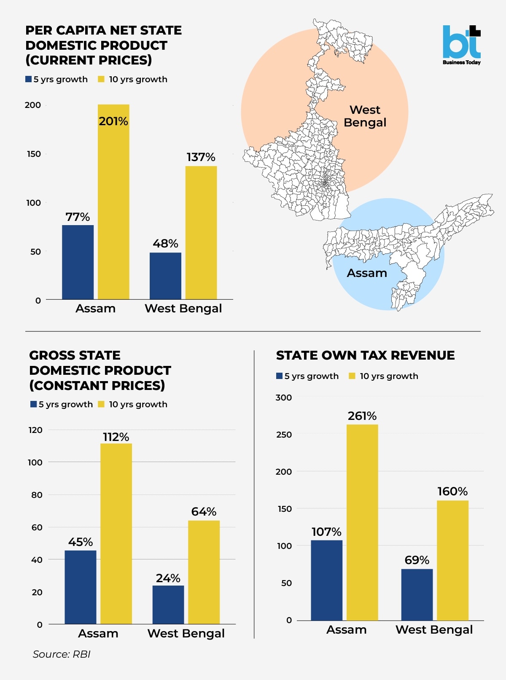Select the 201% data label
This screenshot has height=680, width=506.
(113, 121)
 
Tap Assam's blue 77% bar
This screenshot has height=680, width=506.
(78, 262)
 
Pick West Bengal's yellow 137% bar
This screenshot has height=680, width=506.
(201, 232)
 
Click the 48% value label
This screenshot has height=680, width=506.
(165, 244)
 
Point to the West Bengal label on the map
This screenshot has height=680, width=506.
(365, 116)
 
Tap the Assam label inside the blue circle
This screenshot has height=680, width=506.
(367, 273)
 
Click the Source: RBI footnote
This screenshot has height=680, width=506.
(62, 654)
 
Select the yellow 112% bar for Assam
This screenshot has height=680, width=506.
(116, 533)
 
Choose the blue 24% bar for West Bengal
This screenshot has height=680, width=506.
(168, 605)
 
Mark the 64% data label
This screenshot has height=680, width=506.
(204, 512)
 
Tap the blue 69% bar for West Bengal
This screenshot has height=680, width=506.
(417, 594)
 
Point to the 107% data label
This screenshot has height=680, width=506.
(326, 532)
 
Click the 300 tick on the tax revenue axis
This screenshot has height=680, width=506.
(283, 398)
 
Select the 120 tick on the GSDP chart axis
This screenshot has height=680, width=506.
(35, 430)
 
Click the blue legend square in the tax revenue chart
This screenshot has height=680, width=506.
(279, 376)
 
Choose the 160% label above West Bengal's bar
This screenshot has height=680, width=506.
(452, 492)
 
